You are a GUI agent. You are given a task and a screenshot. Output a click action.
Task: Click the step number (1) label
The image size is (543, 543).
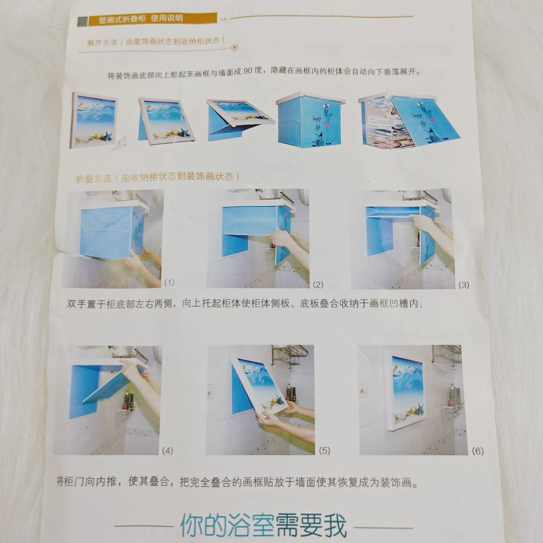click(169, 282)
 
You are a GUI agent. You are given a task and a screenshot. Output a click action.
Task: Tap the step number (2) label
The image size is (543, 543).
click(318, 284)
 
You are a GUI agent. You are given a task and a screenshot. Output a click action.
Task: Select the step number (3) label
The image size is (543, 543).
click(464, 285)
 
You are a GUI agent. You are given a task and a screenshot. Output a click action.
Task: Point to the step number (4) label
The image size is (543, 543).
click(167, 451)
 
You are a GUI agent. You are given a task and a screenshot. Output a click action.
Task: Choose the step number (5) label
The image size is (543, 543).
click(324, 451)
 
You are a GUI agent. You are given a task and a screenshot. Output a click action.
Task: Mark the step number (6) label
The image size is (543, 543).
click(477, 451)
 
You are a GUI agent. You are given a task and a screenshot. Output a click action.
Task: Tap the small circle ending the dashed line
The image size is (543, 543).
click(235, 48)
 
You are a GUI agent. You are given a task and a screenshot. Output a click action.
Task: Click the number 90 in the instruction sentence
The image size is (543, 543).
click(248, 72)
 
